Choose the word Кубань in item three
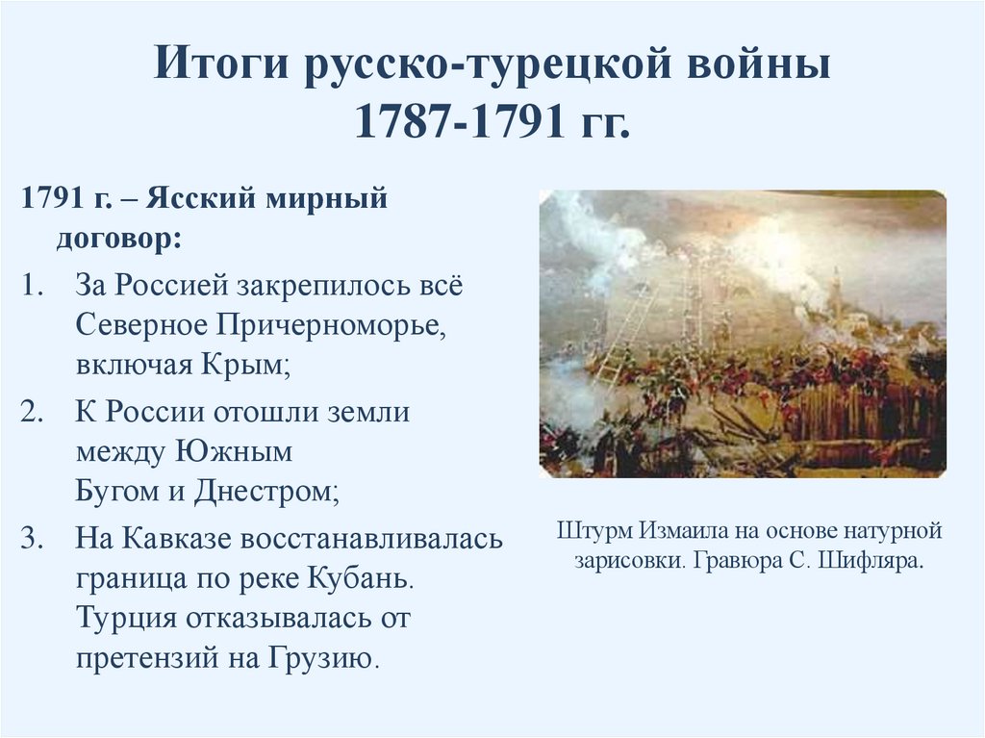tap(362, 578)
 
